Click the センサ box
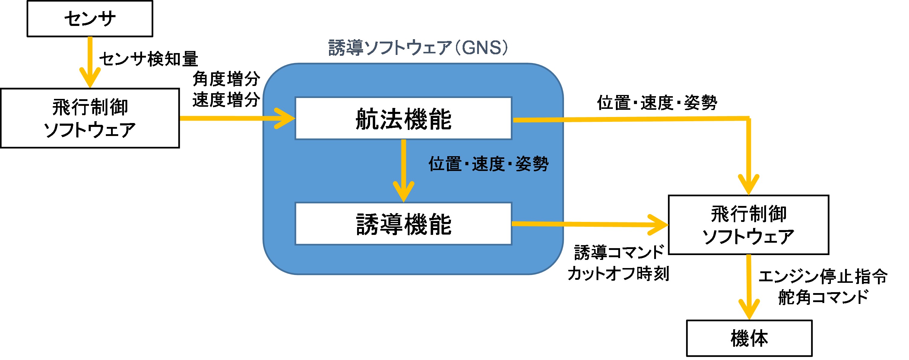pos(90,18)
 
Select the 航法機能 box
pos(403,118)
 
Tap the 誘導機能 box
pos(403,224)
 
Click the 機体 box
pos(749,338)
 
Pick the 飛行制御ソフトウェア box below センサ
pos(90,118)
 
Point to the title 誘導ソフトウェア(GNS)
pos(418,48)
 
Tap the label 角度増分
pos(226,79)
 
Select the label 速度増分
pos(226,99)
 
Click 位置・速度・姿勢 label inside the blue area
pos(488,164)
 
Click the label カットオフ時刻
pos(618,273)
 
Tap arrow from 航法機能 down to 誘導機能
pos(403,169)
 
